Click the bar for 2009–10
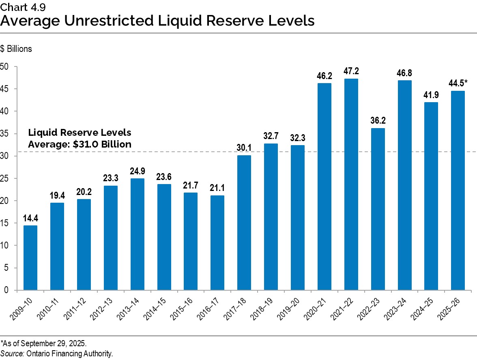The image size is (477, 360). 30,258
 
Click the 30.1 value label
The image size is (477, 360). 244,148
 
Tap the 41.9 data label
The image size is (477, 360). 431,95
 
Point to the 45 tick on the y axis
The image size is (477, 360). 6,89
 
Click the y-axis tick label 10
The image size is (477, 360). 6,245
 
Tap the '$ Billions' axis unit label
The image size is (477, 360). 16,49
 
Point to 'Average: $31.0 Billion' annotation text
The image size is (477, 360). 79,144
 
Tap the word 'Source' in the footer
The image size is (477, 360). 13,354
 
